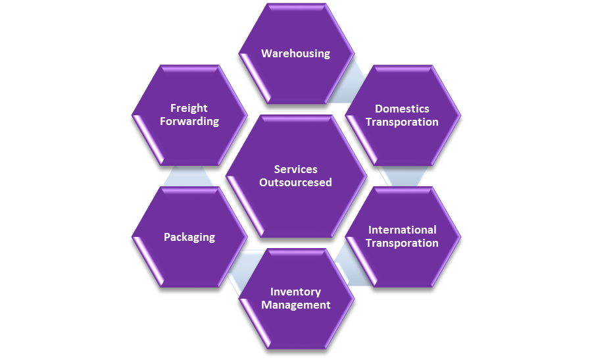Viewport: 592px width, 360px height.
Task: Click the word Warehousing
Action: coord(295,53)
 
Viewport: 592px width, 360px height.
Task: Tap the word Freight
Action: coord(189,108)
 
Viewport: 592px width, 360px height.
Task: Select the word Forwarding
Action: coord(189,121)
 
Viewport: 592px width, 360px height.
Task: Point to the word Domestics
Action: coord(402,109)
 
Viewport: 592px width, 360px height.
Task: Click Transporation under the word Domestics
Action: coord(402,122)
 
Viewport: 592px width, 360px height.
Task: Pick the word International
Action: coord(402,230)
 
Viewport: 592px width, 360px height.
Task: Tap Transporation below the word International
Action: coord(402,243)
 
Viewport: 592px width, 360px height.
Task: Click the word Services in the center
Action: coord(295,169)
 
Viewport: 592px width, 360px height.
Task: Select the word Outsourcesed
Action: coord(295,182)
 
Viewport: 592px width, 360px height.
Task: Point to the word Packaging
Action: coord(189,237)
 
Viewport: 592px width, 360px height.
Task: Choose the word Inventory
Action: coord(295,292)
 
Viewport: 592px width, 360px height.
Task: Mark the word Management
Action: coord(295,305)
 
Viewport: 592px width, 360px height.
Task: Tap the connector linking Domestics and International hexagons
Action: coord(403,176)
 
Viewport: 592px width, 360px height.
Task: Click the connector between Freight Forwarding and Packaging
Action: coord(189,176)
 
